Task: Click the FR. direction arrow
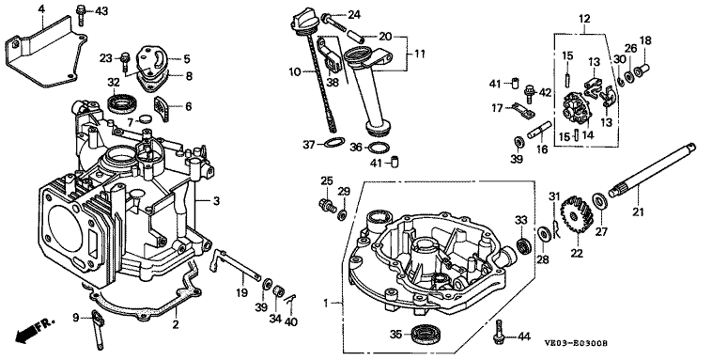[34, 331]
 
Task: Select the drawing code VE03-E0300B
[576, 343]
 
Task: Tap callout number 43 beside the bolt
[101, 11]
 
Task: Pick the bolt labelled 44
[498, 332]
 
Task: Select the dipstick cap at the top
[301, 23]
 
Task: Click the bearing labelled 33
[523, 245]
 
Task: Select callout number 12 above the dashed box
[584, 19]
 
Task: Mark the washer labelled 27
[599, 200]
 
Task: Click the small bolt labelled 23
[125, 62]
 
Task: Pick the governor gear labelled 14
[575, 109]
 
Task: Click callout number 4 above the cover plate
[41, 8]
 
